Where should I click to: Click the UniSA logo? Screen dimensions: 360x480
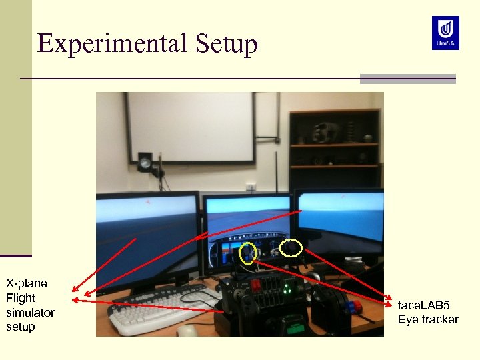445,33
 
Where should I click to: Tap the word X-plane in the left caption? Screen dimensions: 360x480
27,283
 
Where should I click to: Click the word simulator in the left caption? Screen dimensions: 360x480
30,312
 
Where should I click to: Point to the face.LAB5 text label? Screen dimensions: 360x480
424,305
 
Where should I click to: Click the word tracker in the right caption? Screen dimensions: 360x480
437,319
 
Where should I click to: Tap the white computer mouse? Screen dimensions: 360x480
188,330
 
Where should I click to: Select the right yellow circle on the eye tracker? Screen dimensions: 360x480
292,249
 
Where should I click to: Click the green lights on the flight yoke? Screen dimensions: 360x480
287,290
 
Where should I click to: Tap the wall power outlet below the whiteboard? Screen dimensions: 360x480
251,187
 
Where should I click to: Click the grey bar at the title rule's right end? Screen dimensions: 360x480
407,79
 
